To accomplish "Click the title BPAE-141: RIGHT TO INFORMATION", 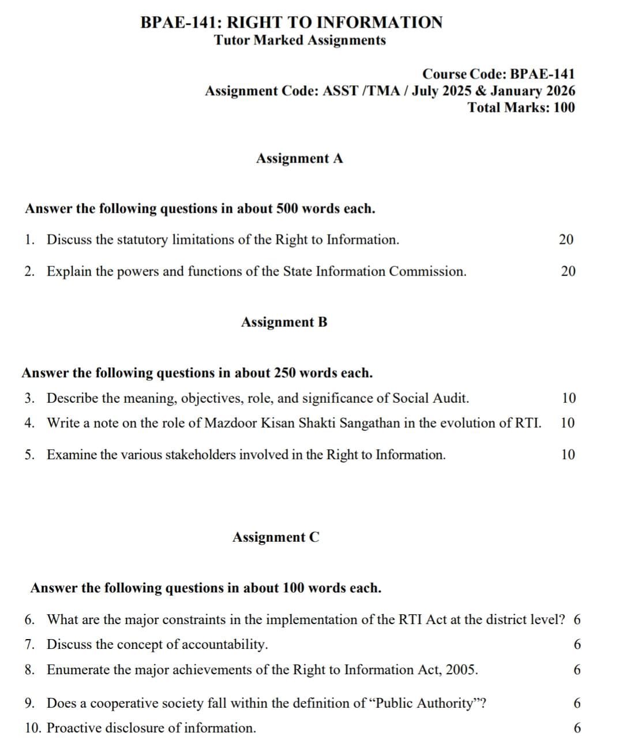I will click(x=292, y=22).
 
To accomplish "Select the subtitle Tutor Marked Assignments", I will click(x=299, y=40).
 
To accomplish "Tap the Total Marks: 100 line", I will click(x=521, y=107).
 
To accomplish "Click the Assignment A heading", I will click(x=299, y=158).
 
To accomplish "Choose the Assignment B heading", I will click(x=284, y=322).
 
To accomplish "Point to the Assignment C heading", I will click(x=276, y=537).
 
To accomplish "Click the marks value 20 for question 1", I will click(x=566, y=240).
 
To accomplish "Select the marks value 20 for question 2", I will click(x=568, y=271).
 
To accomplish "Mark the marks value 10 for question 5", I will click(x=568, y=455).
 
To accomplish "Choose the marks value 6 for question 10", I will click(x=577, y=728).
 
